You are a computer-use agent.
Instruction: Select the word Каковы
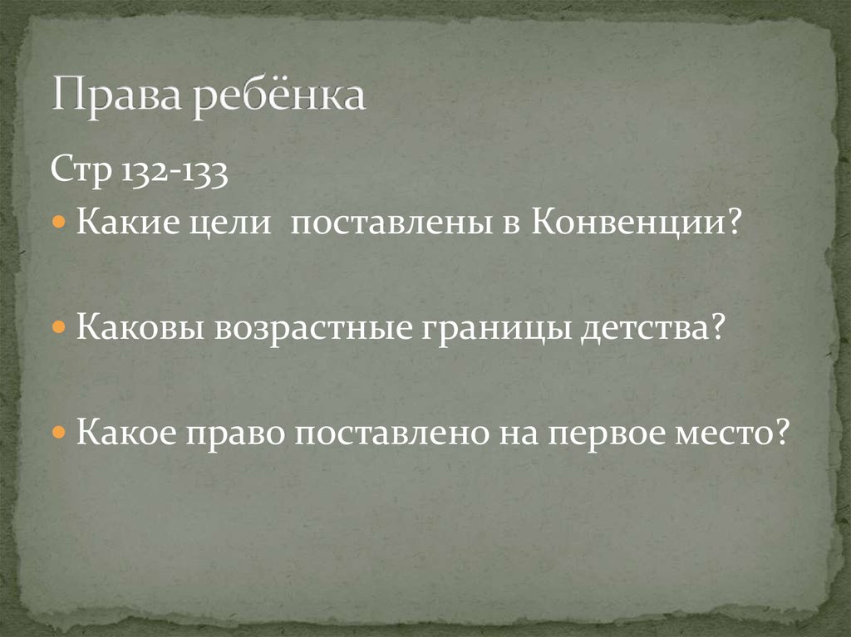[x=140, y=328]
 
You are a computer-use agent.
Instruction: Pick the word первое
[x=606, y=433]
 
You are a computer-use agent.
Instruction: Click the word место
[x=731, y=432]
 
